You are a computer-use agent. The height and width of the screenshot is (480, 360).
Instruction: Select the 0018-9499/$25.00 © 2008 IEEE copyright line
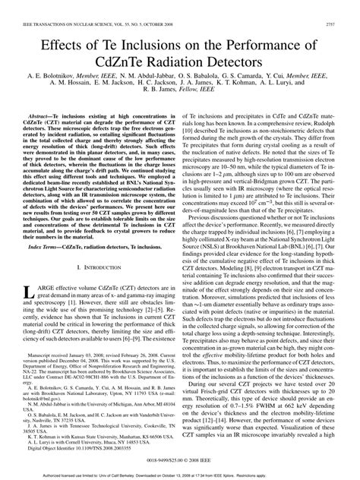pyautogui.click(x=179, y=459)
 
